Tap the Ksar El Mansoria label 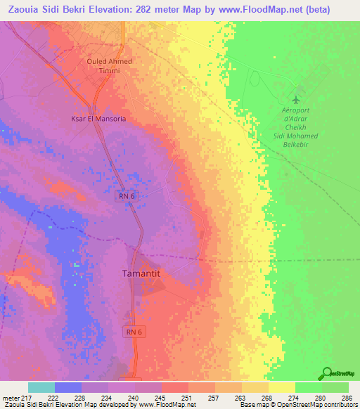[x=98, y=119]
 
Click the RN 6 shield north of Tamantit [x=125, y=197]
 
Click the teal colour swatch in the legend [x=41, y=387]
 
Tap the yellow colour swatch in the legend [x=281, y=387]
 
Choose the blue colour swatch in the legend [x=68, y=387]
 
